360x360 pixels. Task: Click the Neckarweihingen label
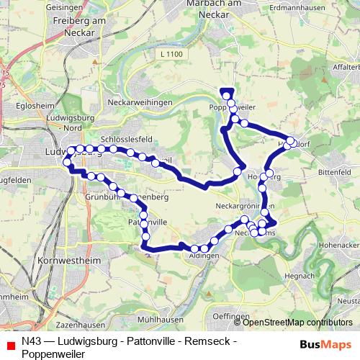coord(140,103)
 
